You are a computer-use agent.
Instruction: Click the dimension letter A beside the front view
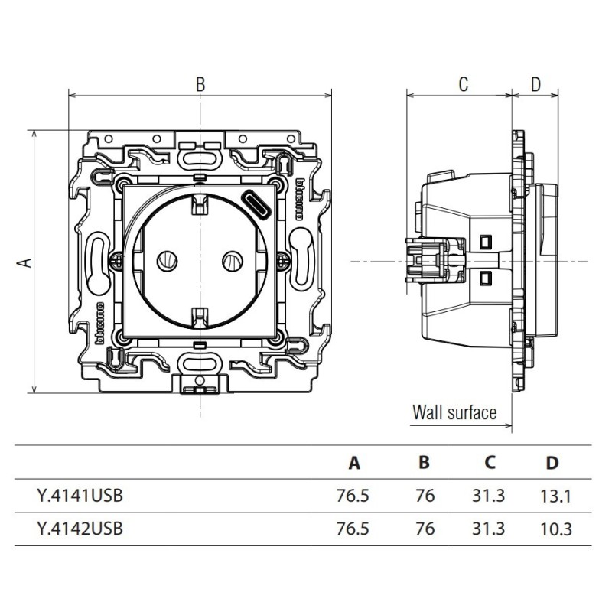[24, 262]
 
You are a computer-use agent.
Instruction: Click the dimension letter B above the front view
[200, 84]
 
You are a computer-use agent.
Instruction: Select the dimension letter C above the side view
[463, 84]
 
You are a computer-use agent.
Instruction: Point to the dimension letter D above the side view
[535, 84]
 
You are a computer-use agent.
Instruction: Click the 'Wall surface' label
[454, 413]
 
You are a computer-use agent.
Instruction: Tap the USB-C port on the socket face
[256, 204]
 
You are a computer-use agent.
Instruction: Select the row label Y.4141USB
[79, 496]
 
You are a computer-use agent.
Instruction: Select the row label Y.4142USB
[79, 528]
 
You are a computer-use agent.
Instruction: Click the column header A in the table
[353, 463]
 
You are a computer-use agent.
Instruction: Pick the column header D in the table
[553, 463]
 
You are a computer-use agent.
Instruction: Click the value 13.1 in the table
[555, 496]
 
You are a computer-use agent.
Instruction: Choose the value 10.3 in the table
[555, 528]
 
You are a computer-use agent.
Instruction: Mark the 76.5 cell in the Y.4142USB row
[353, 528]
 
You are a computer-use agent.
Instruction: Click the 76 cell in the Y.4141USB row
[425, 496]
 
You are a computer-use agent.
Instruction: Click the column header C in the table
[490, 463]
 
